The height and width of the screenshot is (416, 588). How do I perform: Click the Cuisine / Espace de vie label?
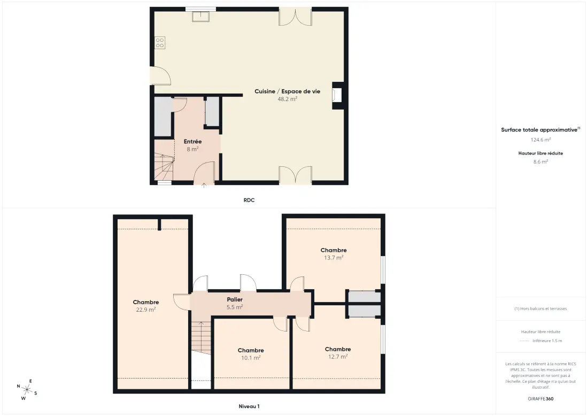coord(287,91)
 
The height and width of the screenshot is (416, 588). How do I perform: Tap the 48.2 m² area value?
coord(287,99)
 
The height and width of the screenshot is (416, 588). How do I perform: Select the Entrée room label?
coord(193,141)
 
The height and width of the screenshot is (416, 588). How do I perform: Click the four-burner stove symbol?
coord(160,43)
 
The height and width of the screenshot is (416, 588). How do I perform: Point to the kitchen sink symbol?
coord(200,17)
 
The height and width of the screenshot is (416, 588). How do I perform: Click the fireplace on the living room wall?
coord(337,95)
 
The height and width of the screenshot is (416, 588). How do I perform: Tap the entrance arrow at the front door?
coord(204,186)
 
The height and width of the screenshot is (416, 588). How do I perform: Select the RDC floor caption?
coord(249,201)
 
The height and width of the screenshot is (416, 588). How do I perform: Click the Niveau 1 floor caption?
coord(249,406)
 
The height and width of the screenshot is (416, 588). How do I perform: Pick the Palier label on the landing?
coord(235,299)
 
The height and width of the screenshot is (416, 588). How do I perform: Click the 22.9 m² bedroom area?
coord(146,310)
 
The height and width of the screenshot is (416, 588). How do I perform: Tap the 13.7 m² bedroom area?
coord(334,258)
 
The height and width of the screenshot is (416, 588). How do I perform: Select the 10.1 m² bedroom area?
coord(251,358)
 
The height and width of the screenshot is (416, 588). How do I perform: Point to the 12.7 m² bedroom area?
coord(338,357)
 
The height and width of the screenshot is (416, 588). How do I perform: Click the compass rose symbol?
coord(27,389)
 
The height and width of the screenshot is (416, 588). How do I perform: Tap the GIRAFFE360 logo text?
coord(540,399)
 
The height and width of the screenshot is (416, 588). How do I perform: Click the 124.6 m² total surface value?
coord(540,140)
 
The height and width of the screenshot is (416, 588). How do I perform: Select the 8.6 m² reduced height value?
coord(540,161)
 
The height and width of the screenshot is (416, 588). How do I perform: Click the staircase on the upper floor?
coord(202,337)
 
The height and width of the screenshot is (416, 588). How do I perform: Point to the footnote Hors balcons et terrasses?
coord(540,309)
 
